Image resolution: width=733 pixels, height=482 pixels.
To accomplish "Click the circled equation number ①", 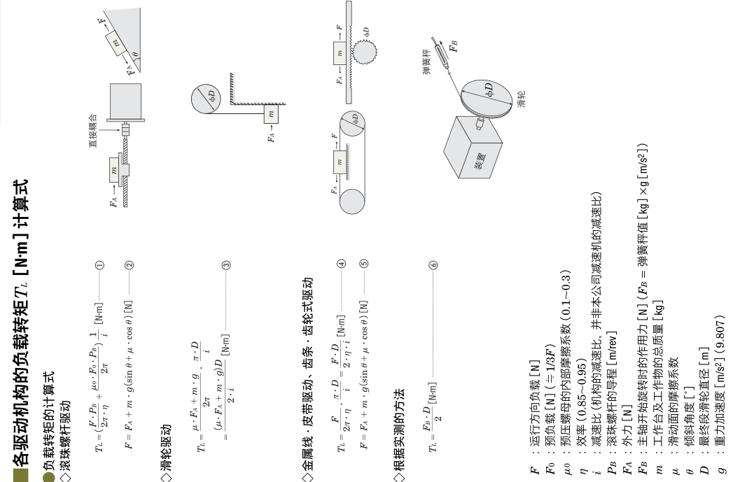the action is [x=99, y=265].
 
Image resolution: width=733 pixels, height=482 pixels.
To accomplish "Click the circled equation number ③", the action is [x=226, y=265].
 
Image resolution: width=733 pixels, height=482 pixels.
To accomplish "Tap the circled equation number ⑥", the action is [x=433, y=265].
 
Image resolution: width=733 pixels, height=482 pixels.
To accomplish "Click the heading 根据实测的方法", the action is [x=399, y=430].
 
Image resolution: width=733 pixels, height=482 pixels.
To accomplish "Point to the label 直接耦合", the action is [x=93, y=130].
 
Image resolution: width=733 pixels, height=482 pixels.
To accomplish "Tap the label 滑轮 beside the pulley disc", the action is [x=522, y=99].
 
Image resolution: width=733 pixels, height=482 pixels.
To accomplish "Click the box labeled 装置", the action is [x=473, y=147].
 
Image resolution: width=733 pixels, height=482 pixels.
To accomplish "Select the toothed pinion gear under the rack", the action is [x=365, y=51].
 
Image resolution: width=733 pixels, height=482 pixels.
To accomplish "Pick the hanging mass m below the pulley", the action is [x=271, y=113].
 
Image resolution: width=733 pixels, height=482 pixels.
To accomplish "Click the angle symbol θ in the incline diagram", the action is [x=134, y=54].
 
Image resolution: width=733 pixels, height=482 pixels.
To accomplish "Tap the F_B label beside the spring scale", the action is [x=452, y=46].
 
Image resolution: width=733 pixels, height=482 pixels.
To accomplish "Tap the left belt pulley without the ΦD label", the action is [x=352, y=201].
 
